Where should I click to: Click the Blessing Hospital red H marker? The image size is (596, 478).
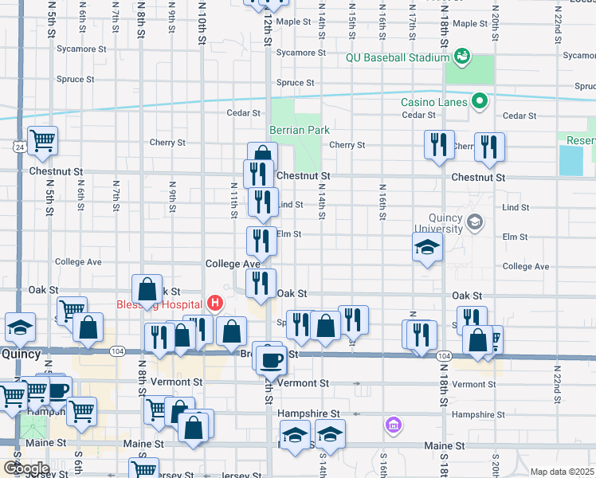click(214, 303)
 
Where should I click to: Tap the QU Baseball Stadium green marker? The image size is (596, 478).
click(461, 57)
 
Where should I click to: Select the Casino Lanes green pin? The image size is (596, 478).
click(479, 101)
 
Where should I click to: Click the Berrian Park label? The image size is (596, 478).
click(300, 130)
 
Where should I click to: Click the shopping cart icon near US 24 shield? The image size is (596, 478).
click(42, 140)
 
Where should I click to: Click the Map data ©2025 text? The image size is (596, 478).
click(562, 472)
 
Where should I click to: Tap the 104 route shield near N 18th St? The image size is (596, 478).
click(444, 355)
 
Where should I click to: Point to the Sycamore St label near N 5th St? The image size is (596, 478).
click(81, 49)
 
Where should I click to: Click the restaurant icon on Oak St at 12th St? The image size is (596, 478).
click(261, 282)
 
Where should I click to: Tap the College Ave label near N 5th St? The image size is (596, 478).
click(78, 262)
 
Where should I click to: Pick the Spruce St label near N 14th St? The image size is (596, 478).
click(290, 83)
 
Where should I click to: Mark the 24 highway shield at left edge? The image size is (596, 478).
click(18, 147)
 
